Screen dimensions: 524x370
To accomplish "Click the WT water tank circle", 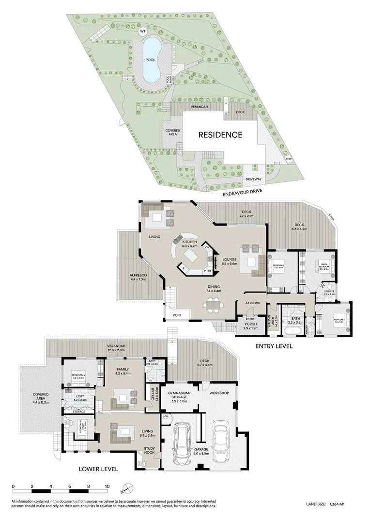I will coord(142,32).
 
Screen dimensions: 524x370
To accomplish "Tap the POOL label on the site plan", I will coord(151,60).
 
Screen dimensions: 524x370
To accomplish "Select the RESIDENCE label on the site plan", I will coord(220,135).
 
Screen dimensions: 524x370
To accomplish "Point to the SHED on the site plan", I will coord(289,159).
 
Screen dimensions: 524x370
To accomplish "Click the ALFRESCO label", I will coord(138,277).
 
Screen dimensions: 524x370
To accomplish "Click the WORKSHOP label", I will coord(219,393).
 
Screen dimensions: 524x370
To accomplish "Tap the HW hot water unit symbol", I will coord(166,416).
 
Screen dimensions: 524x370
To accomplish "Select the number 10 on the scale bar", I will coord(107,486).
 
